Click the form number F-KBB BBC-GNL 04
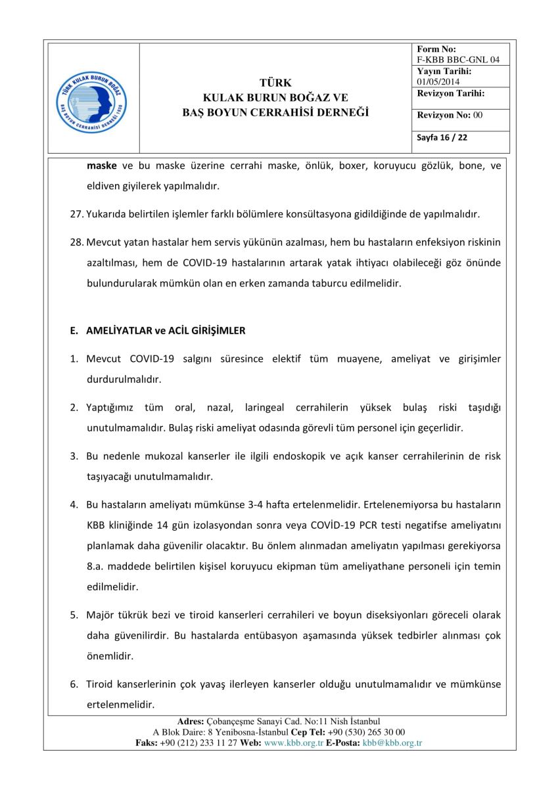458,60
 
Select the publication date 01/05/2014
438,81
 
